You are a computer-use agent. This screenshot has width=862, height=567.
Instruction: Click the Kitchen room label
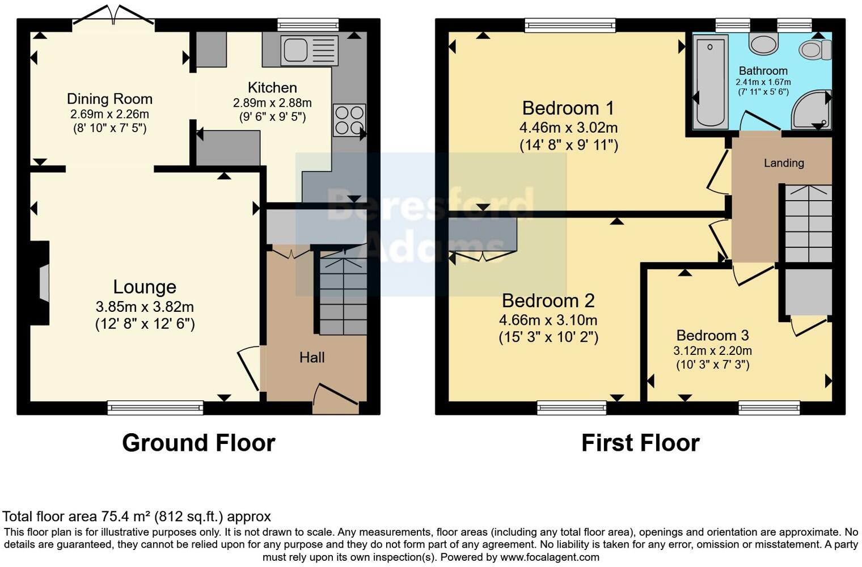[272, 88]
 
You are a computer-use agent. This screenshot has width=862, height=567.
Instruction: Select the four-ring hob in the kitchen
[349, 120]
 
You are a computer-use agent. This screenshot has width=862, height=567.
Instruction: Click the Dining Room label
[109, 99]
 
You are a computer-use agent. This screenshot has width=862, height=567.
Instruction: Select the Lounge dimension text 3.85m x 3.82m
[145, 307]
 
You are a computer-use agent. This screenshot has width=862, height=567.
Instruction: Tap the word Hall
[312, 357]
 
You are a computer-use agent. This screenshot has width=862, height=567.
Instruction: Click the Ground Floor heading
[198, 443]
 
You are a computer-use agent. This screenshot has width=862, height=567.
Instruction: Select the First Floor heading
[640, 443]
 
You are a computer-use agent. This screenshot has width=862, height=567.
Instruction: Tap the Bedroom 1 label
[568, 108]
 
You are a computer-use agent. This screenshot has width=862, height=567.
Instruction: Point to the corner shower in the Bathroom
[812, 110]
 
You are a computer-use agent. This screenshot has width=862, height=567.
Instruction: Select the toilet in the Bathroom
[814, 50]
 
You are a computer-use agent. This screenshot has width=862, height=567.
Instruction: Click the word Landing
[784, 163]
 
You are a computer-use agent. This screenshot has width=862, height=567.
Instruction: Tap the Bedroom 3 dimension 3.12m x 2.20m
[712, 351]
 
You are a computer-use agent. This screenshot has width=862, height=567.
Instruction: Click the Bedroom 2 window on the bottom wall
[572, 407]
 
